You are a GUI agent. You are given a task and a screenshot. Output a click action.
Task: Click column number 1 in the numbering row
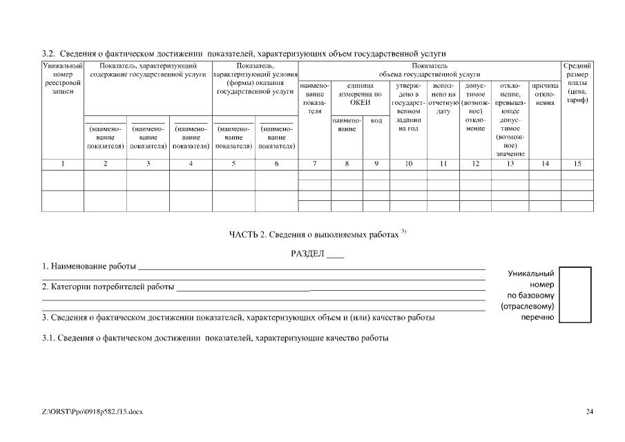coord(63,164)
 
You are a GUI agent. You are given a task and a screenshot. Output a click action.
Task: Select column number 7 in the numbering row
coord(314,164)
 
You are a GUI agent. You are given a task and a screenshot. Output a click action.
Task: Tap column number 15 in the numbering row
coord(577,164)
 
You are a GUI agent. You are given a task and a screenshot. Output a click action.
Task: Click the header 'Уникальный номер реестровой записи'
coord(63,79)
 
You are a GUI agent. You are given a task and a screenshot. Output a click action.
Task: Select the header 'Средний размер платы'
coord(577,83)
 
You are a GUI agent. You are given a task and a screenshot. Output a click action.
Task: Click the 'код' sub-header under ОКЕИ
coord(376,120)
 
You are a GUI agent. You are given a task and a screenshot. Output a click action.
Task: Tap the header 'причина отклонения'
coord(545,94)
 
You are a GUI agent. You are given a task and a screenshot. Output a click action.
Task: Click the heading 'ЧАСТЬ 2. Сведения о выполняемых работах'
coord(314,235)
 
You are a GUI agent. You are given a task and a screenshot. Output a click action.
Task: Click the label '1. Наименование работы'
coord(88,267)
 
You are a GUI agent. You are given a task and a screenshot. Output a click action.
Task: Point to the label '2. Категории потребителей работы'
coord(108,287)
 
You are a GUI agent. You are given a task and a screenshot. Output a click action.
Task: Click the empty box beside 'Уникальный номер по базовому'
coord(575,295)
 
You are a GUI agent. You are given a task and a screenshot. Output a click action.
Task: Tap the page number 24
coord(589,412)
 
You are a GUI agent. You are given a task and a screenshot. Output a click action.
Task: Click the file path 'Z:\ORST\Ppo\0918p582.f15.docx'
coord(91,412)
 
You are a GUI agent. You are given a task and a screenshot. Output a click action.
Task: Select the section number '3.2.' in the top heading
coord(48,53)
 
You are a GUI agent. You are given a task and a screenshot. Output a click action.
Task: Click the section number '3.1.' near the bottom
coord(48,338)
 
